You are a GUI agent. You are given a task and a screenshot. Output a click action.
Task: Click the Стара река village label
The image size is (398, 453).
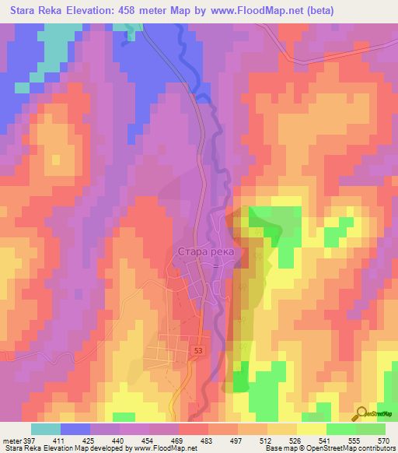point(206,252)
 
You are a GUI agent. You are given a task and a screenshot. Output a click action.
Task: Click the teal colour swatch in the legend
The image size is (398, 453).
point(45,428)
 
